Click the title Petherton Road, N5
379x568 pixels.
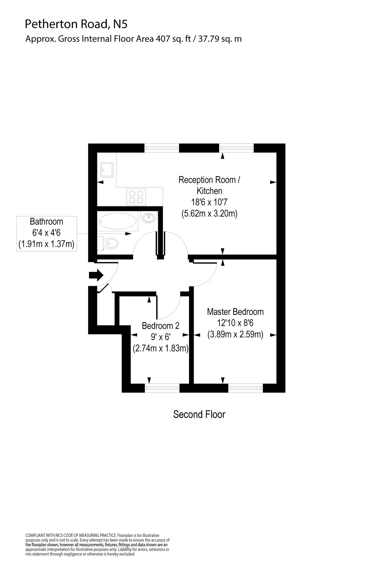[77, 24]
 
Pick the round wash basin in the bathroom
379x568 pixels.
[148, 217]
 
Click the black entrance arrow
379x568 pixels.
[96, 275]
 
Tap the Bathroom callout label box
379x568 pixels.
[46, 234]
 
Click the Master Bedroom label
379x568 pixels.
[235, 312]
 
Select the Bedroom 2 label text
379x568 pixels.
[160, 325]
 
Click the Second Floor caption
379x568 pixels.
[199, 414]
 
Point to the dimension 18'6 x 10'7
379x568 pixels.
[209, 202]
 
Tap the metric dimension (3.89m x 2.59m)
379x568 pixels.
[235, 334]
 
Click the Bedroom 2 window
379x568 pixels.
[162, 388]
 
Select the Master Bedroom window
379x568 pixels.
[245, 388]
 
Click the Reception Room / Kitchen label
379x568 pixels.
[209, 185]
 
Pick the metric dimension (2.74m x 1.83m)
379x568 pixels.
[161, 348]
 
